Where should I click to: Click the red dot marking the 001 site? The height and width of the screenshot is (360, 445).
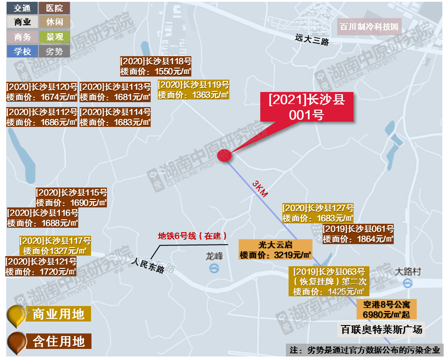224,156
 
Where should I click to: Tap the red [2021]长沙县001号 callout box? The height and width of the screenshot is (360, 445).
307,107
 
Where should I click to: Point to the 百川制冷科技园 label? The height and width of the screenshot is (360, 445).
369,27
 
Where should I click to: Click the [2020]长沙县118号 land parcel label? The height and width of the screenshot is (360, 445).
156,66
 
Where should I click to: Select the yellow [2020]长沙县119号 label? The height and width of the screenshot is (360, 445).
194,89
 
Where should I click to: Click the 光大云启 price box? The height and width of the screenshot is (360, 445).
275,250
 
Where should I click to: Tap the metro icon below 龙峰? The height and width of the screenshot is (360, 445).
214,268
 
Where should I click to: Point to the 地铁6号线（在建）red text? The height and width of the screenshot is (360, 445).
193,236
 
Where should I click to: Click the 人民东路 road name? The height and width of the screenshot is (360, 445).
148,265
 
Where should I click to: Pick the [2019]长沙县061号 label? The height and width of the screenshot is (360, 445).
358,234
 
